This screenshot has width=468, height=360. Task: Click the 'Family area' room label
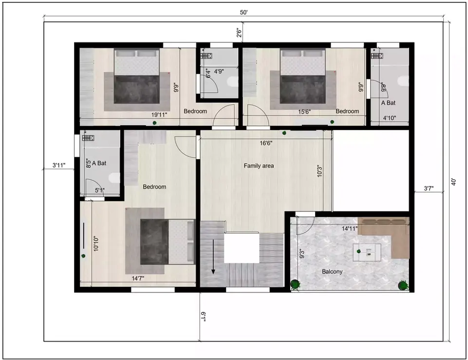coord(259,166)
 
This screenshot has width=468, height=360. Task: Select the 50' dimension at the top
coord(244,13)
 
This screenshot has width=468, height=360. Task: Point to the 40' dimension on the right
coord(453,182)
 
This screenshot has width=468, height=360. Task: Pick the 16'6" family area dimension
coord(265,143)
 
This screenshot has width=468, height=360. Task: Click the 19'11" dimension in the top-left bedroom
coord(158,115)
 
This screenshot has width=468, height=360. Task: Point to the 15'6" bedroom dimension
coord(305,112)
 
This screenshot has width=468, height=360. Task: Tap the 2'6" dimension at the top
coord(238,33)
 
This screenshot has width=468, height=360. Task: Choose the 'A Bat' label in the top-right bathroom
coord(388,103)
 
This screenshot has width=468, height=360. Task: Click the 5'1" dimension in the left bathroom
coord(100,190)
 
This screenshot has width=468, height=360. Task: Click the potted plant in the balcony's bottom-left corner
coord(295,284)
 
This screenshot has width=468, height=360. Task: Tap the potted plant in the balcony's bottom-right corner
coord(403,285)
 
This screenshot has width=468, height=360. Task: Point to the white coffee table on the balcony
coord(369,251)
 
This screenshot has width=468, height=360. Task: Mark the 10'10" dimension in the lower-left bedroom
coord(96,243)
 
